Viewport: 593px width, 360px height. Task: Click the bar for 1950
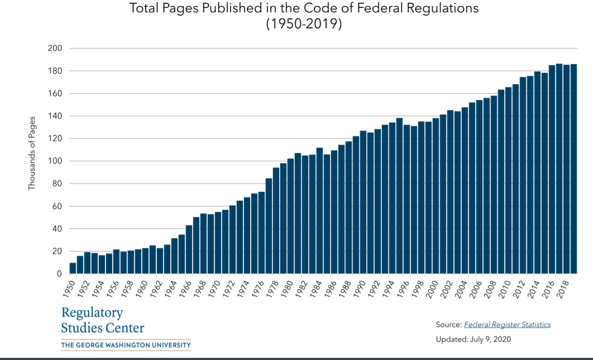[72, 268]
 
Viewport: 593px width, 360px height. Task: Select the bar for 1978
[276, 221]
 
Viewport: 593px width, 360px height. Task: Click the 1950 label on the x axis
[68, 288]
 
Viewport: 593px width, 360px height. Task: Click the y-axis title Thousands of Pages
[32, 156]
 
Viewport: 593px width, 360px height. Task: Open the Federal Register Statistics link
[507, 325]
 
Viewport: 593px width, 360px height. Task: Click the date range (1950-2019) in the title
[304, 23]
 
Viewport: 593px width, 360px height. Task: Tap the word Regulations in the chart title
[440, 8]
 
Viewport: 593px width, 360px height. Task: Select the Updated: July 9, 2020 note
[473, 339]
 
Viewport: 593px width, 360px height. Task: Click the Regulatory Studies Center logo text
[102, 320]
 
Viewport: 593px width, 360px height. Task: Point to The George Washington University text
[126, 345]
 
